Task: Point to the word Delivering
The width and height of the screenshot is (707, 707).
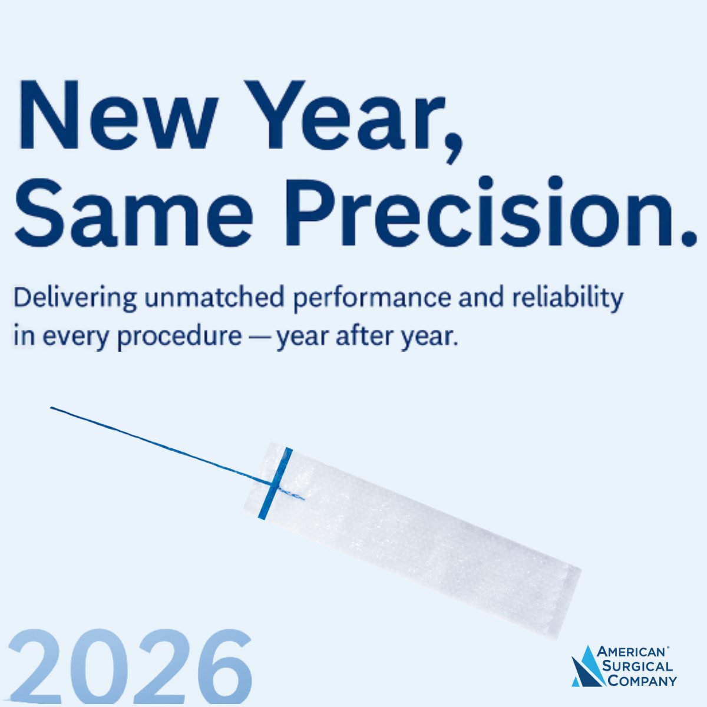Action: click(x=75, y=298)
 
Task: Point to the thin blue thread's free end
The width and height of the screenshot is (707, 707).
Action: click(x=52, y=408)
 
